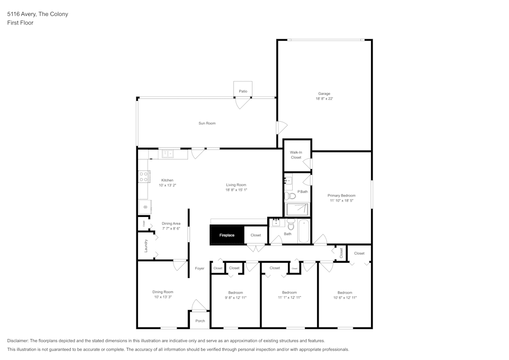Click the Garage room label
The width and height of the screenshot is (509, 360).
[324, 94]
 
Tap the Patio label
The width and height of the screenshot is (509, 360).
[243, 91]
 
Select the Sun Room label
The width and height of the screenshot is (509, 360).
[207, 123]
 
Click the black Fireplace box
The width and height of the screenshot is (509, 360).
[227, 235]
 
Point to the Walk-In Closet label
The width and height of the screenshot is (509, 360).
[296, 155]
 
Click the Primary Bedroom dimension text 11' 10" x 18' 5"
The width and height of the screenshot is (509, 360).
[341, 201]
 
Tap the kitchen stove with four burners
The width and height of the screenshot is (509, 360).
[144, 177]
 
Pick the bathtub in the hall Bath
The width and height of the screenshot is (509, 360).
[303, 231]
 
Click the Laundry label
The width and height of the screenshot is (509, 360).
[146, 245]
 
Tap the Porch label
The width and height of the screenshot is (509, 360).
[200, 321]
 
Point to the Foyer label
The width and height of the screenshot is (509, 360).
[200, 268]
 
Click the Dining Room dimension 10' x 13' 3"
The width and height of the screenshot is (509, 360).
[162, 297]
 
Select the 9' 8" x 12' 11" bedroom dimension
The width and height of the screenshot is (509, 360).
[235, 297]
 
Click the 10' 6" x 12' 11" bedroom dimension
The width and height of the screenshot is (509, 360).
[345, 297]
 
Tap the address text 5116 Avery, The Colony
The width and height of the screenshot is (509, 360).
[38, 14]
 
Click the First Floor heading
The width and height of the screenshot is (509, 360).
[20, 23]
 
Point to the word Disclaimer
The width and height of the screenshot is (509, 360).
[18, 341]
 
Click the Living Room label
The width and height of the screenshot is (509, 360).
[236, 185]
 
